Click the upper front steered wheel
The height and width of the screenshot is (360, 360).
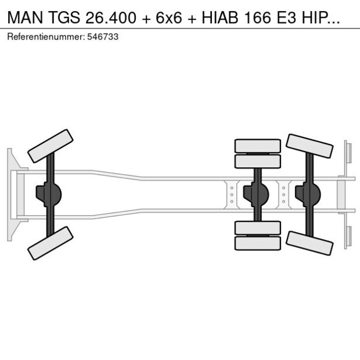coord(51,145)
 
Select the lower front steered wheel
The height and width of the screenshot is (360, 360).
coord(51,243)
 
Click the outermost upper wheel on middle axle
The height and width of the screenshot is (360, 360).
coord(258,145)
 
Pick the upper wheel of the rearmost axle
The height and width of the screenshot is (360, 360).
coord(310,146)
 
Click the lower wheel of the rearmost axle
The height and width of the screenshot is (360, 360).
coord(310,242)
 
